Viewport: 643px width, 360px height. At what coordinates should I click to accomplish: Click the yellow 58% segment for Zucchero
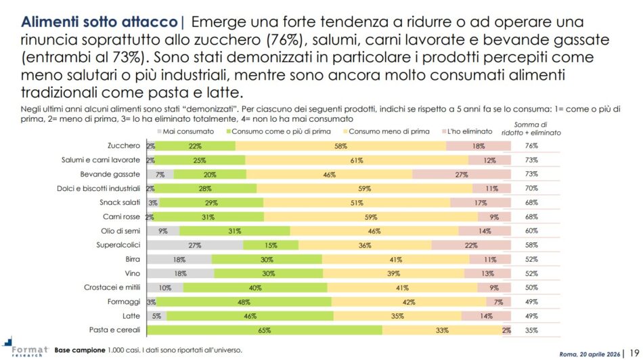pos(340,146)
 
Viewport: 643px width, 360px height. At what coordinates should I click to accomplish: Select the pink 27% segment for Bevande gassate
pos(462,174)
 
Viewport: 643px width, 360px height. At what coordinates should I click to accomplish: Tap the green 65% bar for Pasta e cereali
pos(265,331)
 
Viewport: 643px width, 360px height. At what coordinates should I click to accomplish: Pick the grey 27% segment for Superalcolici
pos(195,244)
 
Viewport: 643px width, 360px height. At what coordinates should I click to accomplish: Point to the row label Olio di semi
pos(122,231)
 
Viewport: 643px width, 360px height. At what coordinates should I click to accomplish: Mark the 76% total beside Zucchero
pos(531,146)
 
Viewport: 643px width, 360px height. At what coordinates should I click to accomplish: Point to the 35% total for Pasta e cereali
pos(531,331)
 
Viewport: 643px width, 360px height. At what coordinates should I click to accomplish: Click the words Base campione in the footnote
pos(79,350)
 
